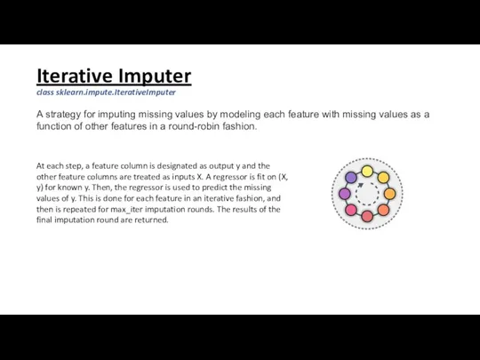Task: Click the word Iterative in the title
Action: pyautogui.click(x=74, y=75)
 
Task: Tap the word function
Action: pyautogui.click(x=58, y=126)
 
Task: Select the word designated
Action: pyautogui.click(x=156, y=166)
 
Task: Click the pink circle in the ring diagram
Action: pyautogui.click(x=350, y=212)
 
